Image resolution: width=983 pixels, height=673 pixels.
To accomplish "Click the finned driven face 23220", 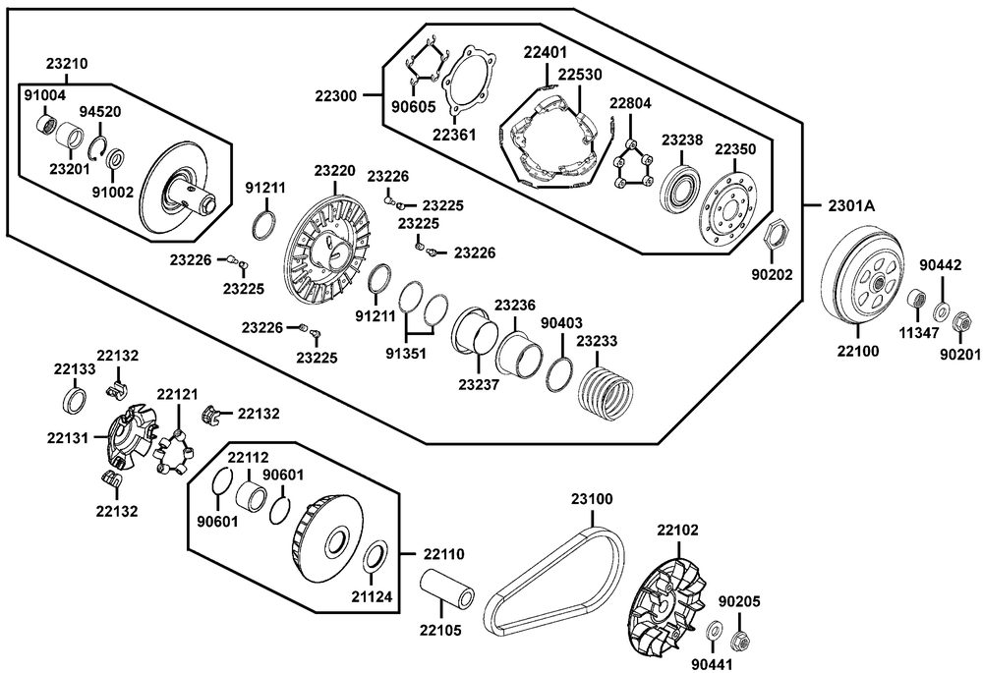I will coord(324,252).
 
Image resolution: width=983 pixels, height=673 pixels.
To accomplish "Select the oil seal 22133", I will coord(74,400).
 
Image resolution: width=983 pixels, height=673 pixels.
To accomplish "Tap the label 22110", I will coord(444,554).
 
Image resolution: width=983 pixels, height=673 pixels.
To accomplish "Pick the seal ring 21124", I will coord(374,556).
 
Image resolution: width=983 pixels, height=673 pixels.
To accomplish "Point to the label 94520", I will coord(100,112).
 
